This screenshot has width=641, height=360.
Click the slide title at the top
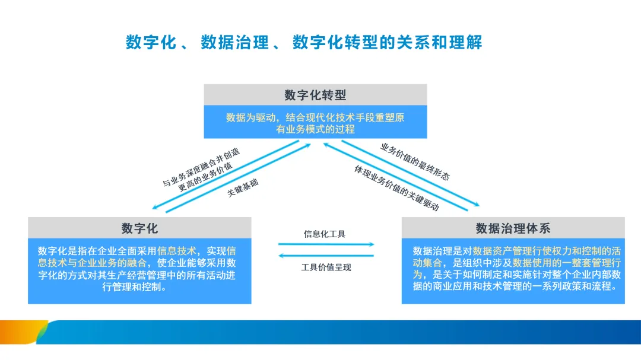point(303,43)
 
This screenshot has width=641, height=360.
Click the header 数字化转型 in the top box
point(315,95)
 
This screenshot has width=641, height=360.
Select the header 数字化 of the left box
point(139,228)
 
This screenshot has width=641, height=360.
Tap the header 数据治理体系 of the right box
point(513,228)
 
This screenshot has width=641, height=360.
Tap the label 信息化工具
point(325,234)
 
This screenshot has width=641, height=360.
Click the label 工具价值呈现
point(326,267)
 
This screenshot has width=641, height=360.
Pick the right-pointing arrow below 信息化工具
point(326,244)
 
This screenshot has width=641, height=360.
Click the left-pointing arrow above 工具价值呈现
point(326,256)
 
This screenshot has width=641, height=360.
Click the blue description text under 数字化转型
point(315,123)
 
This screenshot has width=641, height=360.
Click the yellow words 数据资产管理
point(500,251)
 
